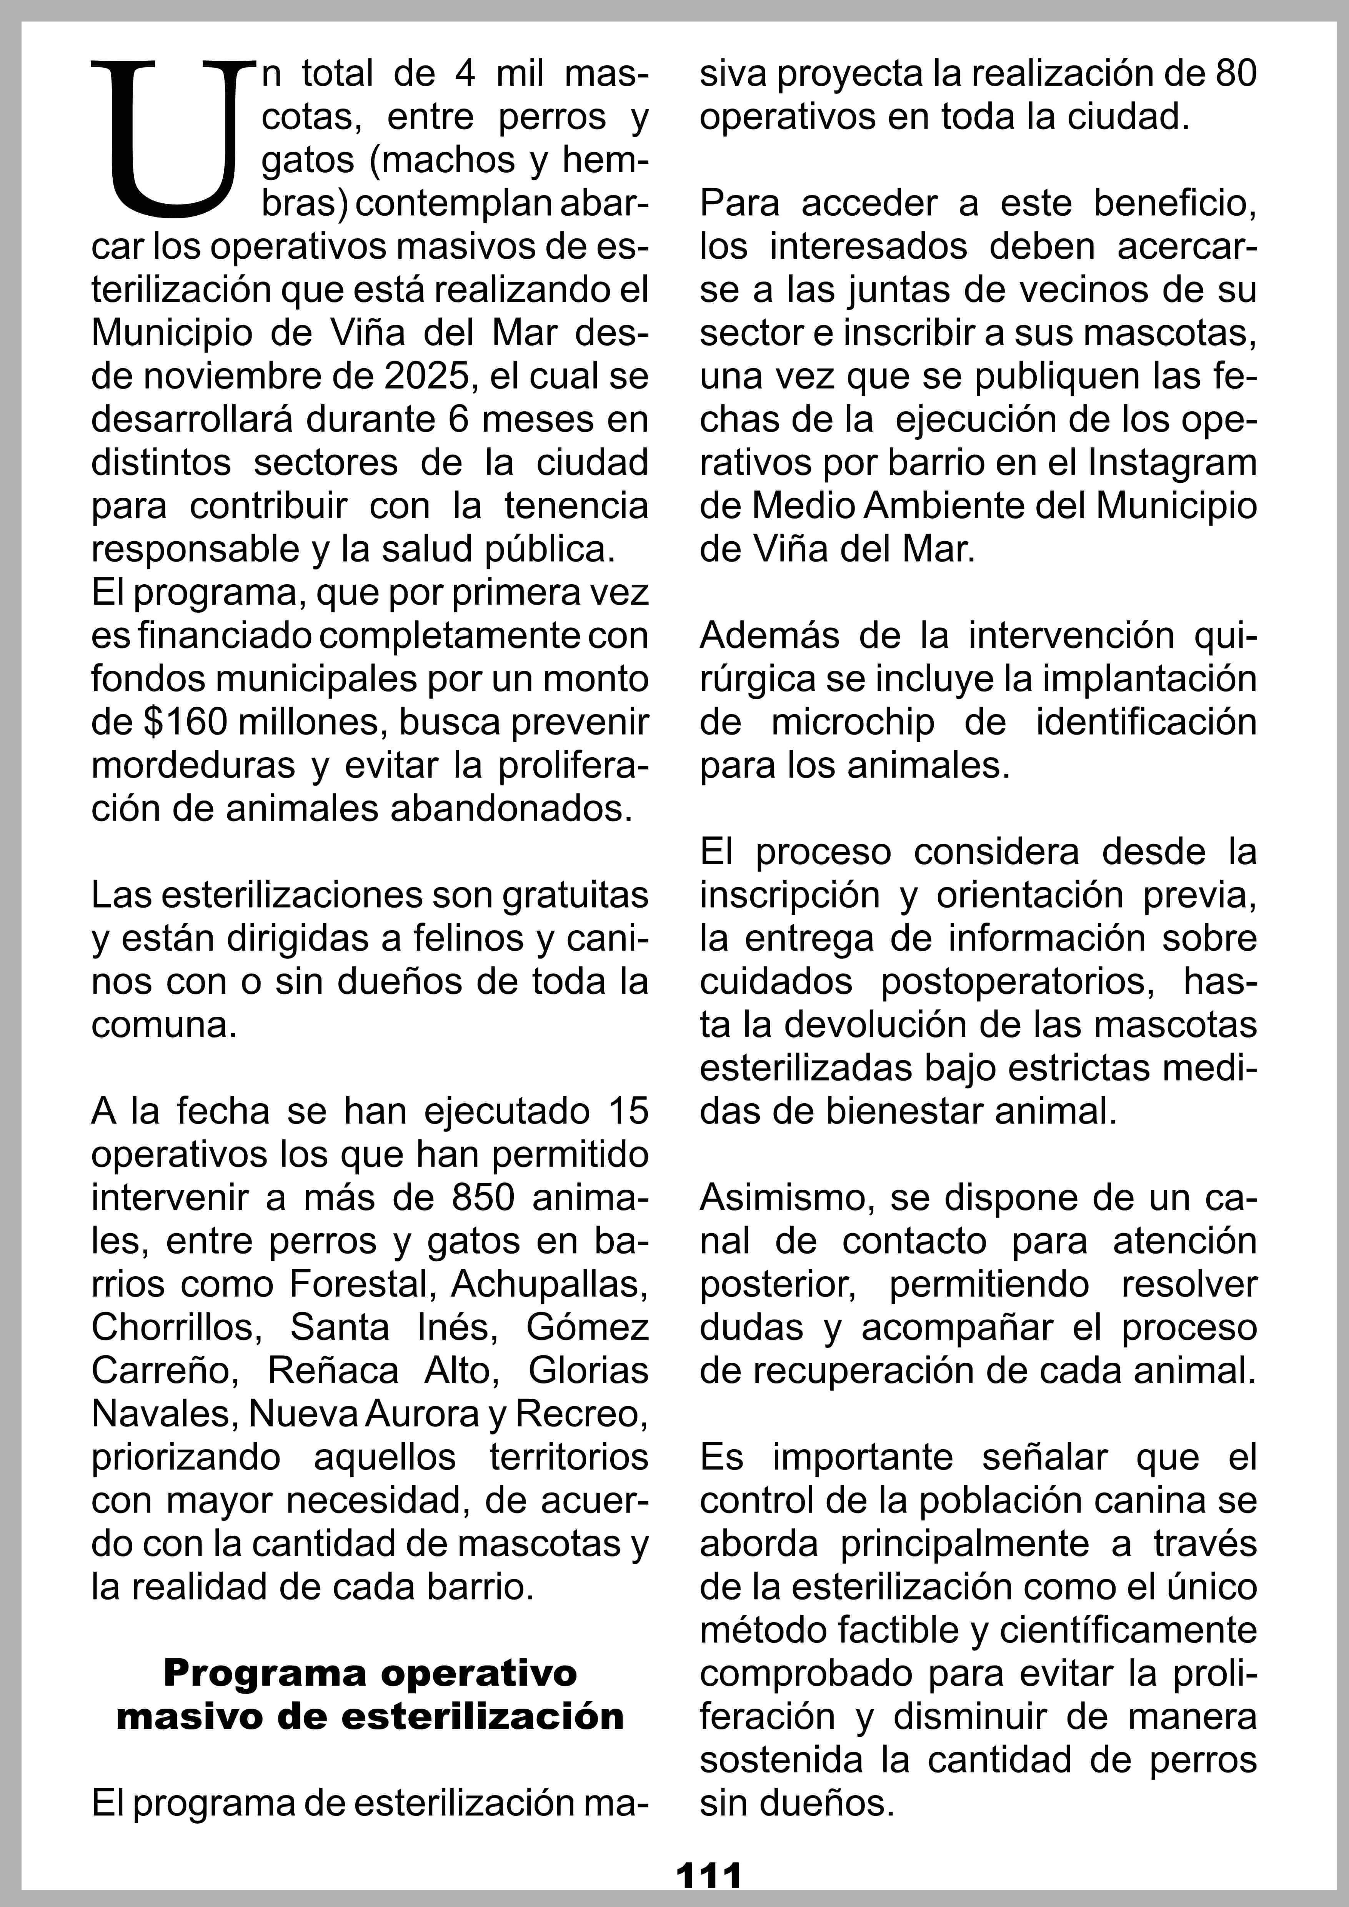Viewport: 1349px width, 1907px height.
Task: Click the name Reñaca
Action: click(332, 1370)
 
